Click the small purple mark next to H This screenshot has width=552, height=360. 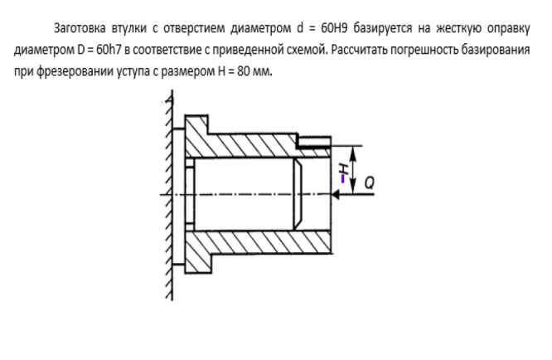click(x=341, y=177)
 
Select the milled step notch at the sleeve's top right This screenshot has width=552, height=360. click(x=315, y=140)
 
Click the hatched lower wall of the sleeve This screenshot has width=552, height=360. click(x=249, y=243)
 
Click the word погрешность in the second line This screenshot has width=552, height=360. click(x=428, y=49)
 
